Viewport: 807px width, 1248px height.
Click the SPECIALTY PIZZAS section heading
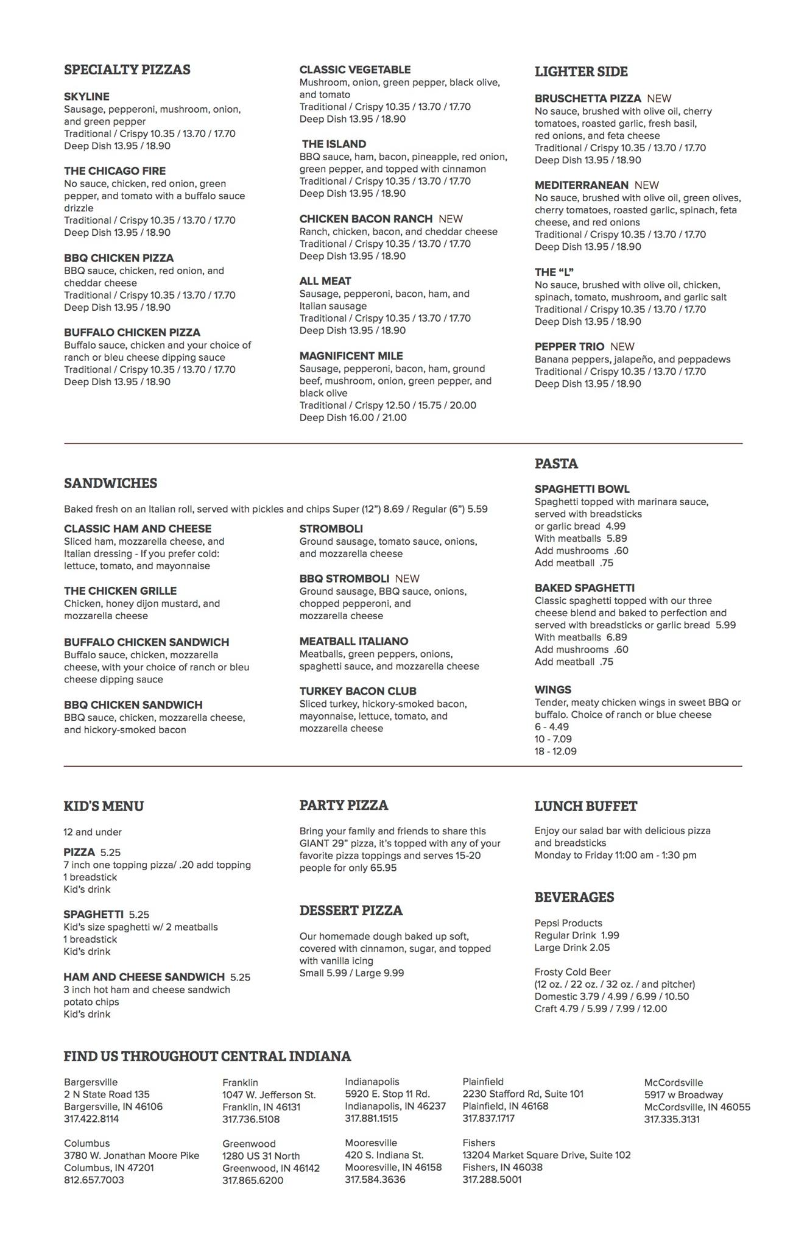127,69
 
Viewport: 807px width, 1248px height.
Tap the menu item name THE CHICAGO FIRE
115,171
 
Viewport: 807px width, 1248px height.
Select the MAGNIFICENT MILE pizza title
351,356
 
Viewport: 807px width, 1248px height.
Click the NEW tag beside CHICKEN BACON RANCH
451,219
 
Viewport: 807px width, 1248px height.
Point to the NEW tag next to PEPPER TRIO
622,347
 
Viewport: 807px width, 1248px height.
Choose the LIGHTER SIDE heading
581,72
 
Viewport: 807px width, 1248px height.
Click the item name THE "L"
554,272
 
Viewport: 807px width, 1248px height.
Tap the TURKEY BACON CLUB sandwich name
358,691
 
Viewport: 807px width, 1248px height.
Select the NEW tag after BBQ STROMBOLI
407,578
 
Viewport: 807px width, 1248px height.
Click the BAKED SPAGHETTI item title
584,588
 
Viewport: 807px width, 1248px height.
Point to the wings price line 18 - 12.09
555,751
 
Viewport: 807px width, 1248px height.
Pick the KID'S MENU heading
104,806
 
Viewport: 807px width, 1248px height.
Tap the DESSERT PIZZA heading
351,910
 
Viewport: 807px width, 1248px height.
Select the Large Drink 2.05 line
572,948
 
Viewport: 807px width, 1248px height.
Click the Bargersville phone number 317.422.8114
91,1119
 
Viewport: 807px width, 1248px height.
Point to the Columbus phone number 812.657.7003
94,1180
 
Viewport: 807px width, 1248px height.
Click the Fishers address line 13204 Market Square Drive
546,1155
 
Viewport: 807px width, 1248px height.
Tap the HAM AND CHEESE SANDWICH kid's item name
144,977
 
